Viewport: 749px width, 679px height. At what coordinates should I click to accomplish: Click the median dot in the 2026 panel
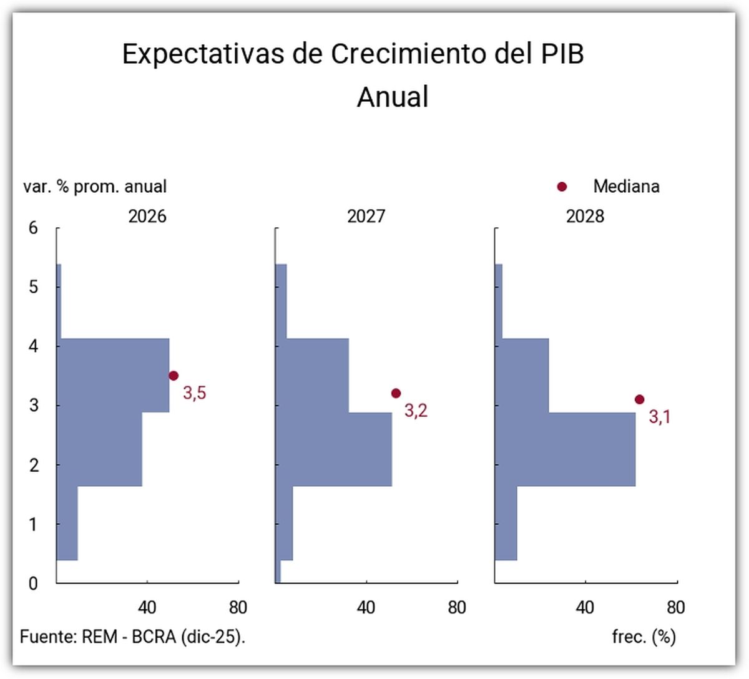pos(174,376)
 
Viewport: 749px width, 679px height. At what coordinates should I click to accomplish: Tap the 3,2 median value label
pos(416,411)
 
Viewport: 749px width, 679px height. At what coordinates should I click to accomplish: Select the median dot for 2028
pos(639,399)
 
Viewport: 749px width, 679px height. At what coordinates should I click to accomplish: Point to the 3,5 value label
pos(194,393)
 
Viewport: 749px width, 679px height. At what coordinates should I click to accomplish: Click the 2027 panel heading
pos(366,217)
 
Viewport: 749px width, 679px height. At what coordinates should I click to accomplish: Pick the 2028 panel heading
pos(585,217)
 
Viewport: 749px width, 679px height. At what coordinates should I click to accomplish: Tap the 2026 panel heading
pos(147,217)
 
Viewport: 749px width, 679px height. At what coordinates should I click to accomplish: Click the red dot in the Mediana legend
pos(562,187)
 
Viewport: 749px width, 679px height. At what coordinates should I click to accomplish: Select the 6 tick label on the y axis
pos(33,228)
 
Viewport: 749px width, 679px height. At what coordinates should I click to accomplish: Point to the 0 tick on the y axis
pos(33,584)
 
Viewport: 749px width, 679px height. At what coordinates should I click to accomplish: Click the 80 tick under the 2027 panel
pos(457,607)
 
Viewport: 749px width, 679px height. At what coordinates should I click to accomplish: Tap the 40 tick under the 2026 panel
pos(147,607)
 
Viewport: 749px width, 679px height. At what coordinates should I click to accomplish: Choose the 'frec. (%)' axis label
pos(644,637)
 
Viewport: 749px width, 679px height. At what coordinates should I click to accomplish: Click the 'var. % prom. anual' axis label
pos(95,187)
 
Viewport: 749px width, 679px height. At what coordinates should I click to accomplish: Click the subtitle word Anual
pos(393,97)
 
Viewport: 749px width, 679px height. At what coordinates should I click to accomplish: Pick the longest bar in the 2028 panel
pos(565,449)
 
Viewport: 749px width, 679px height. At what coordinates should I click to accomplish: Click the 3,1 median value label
pos(660,417)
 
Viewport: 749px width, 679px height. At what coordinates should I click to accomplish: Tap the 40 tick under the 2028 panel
pos(585,607)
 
